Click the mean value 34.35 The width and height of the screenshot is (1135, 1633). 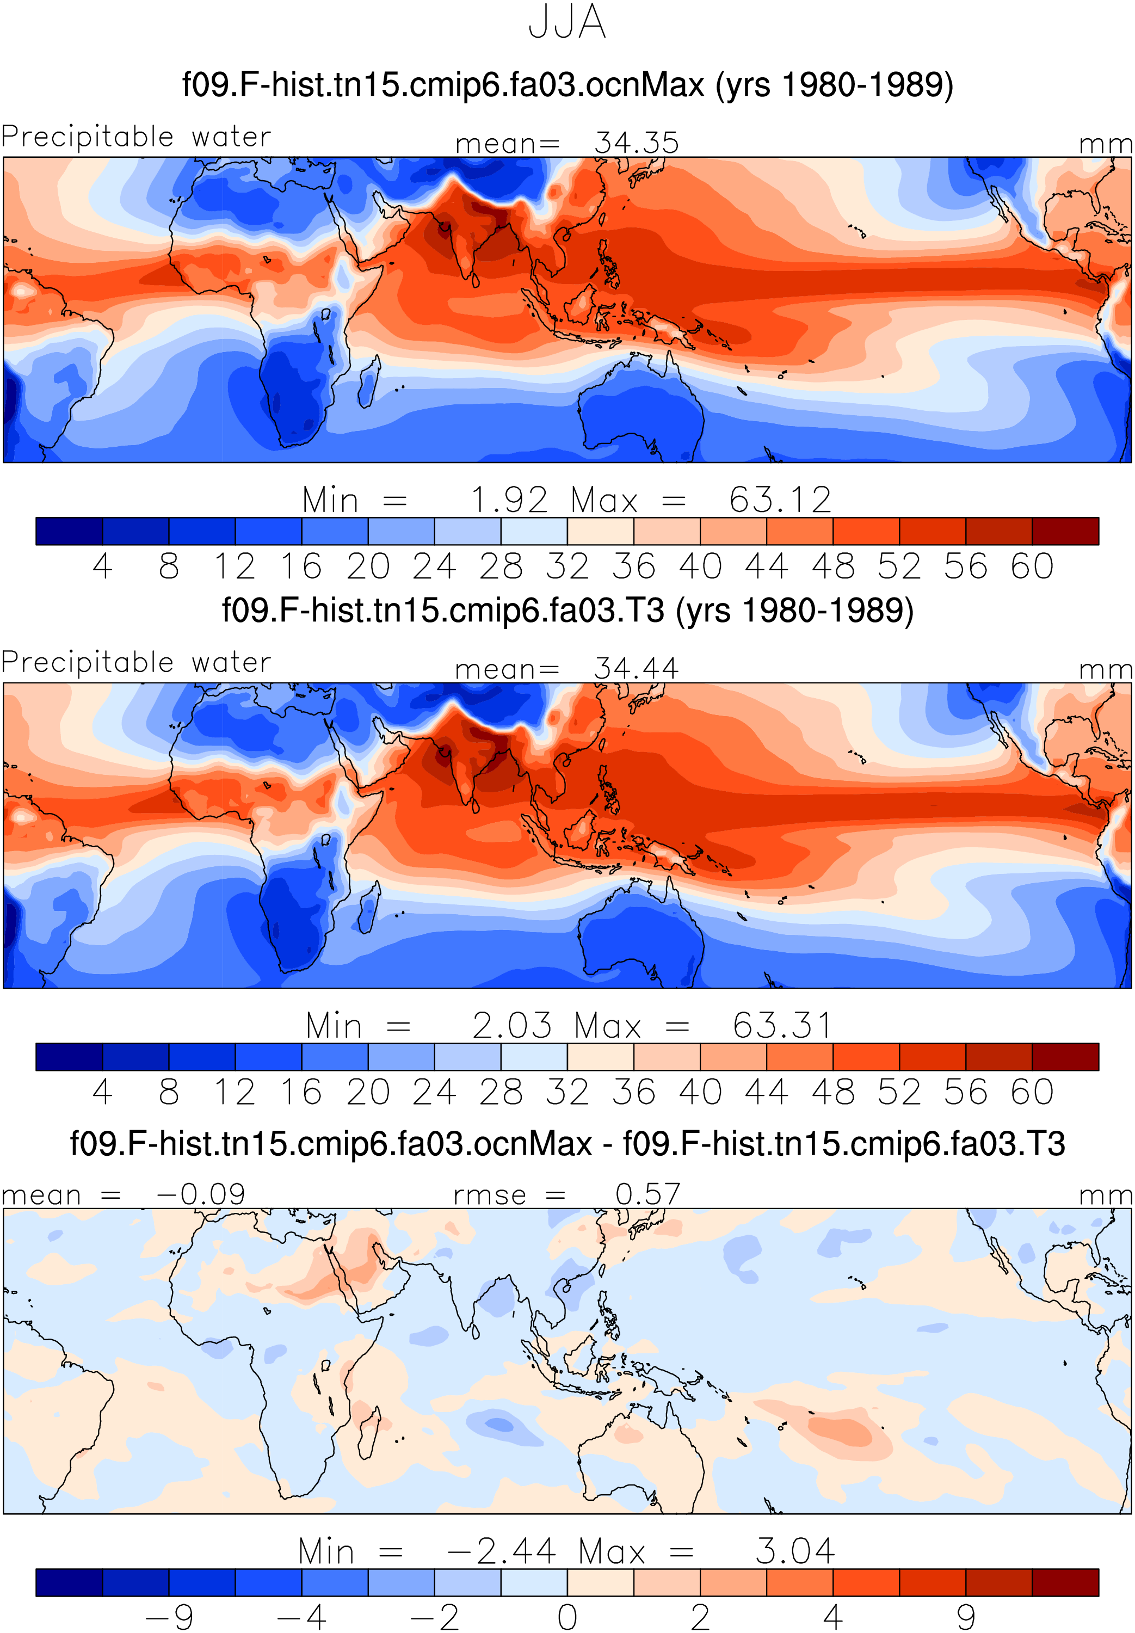[637, 143]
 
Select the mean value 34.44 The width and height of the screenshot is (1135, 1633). [637, 669]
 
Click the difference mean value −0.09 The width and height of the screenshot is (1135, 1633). [201, 1194]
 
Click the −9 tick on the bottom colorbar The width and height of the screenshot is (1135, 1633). [169, 1616]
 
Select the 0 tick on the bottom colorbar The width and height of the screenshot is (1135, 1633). [567, 1616]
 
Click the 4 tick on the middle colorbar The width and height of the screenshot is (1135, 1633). [102, 1092]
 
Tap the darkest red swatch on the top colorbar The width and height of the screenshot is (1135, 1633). [1065, 531]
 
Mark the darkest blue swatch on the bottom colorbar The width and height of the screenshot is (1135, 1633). [69, 1582]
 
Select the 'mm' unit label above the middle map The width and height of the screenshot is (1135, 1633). [1105, 670]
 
